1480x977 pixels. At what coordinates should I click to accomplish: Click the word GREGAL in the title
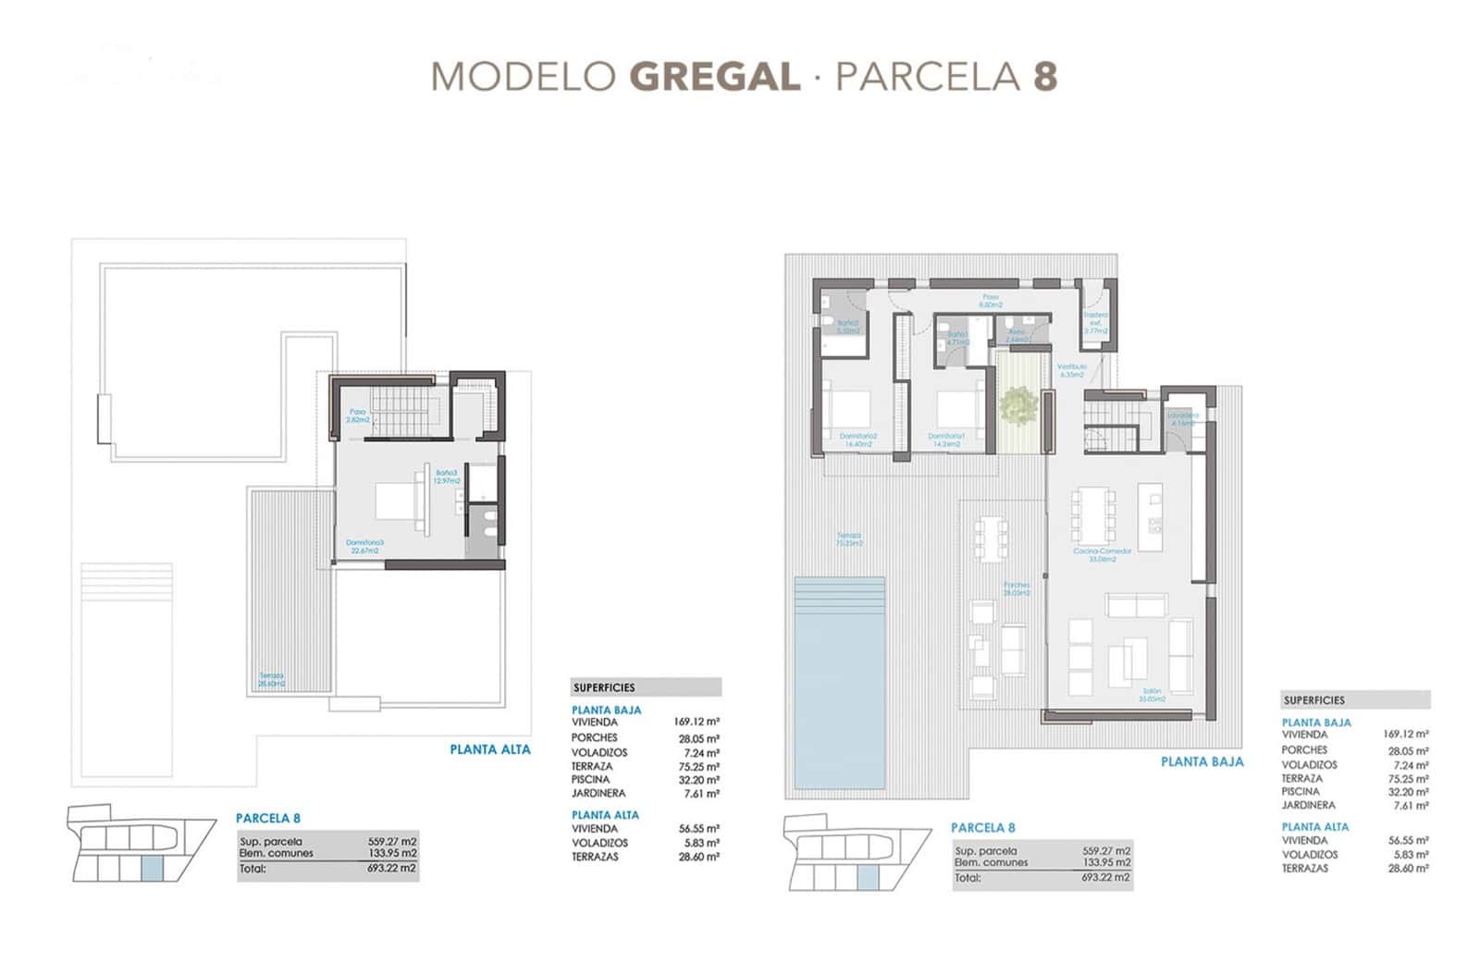715,76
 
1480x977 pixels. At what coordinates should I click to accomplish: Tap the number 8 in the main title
1044,76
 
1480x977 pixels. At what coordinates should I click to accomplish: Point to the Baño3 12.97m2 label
446,476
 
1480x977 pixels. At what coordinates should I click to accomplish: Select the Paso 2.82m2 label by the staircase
357,415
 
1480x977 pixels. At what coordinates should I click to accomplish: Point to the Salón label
1153,695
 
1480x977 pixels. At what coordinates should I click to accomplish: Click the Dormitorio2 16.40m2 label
858,439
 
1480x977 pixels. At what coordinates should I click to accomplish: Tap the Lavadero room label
1182,419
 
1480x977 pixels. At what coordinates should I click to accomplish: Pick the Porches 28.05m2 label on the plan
1017,588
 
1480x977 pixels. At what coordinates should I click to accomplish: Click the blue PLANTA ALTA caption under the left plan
490,749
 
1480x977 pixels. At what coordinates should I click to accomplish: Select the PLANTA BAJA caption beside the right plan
1202,761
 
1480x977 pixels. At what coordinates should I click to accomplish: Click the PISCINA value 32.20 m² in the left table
698,780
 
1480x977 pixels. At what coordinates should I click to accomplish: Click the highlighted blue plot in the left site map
151,867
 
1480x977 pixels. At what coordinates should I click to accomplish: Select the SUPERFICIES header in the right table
1313,700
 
